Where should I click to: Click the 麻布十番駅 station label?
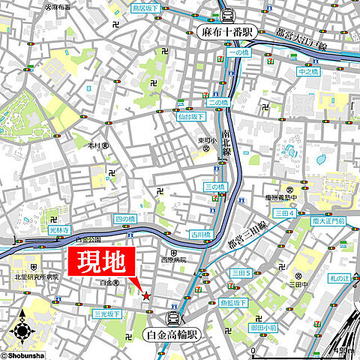pos(228,32)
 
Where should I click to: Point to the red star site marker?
pos(145,297)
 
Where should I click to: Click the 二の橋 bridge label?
pos(217,103)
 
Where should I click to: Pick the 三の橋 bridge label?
pos(216,187)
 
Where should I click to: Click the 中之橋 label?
pos(308,72)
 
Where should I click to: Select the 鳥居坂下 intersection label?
pos(145,8)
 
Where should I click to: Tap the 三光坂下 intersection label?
pos(106,313)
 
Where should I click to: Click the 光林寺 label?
pos(58,229)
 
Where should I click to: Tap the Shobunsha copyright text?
pos(26,355)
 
